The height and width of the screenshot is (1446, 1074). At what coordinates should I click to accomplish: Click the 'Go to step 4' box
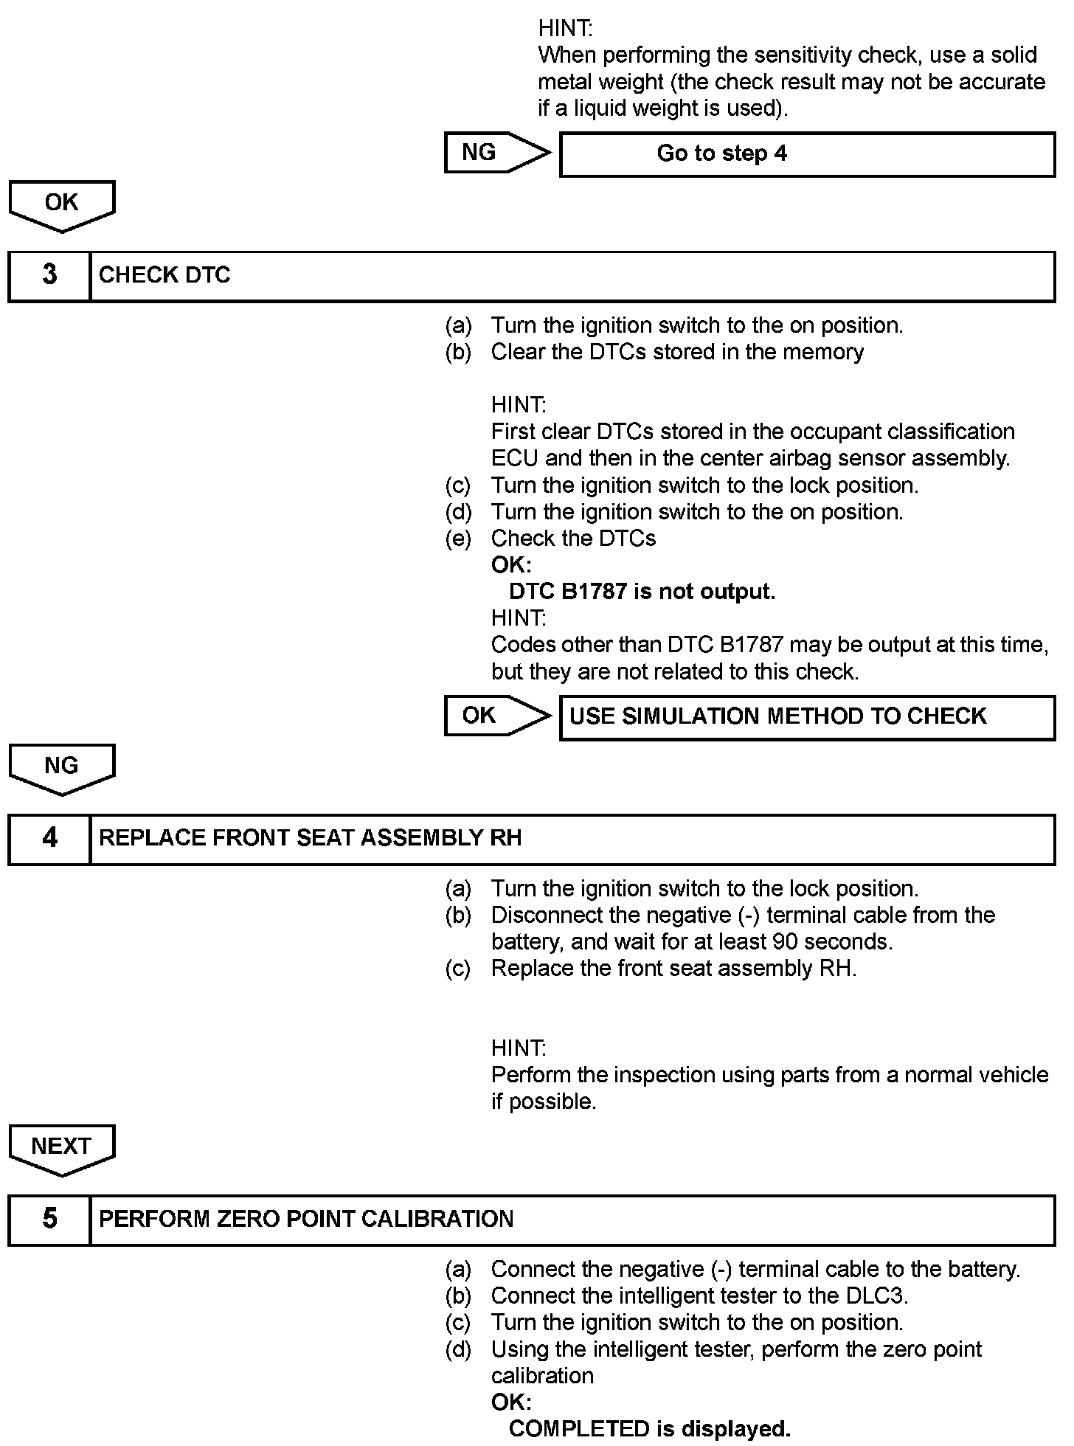pyautogui.click(x=807, y=154)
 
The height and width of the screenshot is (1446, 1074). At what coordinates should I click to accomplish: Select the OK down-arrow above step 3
pyautogui.click(x=61, y=204)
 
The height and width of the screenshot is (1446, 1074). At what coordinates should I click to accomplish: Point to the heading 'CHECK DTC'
pyautogui.click(x=164, y=275)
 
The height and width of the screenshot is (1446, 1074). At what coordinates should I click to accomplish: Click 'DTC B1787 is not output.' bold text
pyautogui.click(x=642, y=592)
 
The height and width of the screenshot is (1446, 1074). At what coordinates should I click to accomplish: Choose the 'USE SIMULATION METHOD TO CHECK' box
pyautogui.click(x=807, y=716)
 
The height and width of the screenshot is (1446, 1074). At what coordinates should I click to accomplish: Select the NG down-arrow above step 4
pyautogui.click(x=61, y=767)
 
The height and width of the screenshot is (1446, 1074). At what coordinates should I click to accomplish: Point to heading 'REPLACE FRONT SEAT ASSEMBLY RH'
pyautogui.click(x=310, y=838)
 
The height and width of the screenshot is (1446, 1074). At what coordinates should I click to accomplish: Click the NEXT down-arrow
pyautogui.click(x=61, y=1148)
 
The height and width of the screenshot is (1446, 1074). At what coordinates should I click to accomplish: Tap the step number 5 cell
pyautogui.click(x=49, y=1219)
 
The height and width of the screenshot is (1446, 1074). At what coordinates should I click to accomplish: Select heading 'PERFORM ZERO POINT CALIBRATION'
pyautogui.click(x=306, y=1219)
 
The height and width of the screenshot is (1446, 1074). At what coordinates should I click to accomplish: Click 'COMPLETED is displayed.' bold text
pyautogui.click(x=649, y=1429)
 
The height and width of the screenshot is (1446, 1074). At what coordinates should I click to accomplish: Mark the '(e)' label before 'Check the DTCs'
pyautogui.click(x=457, y=539)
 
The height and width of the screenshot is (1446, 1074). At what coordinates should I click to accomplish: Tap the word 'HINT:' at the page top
pyautogui.click(x=565, y=29)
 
